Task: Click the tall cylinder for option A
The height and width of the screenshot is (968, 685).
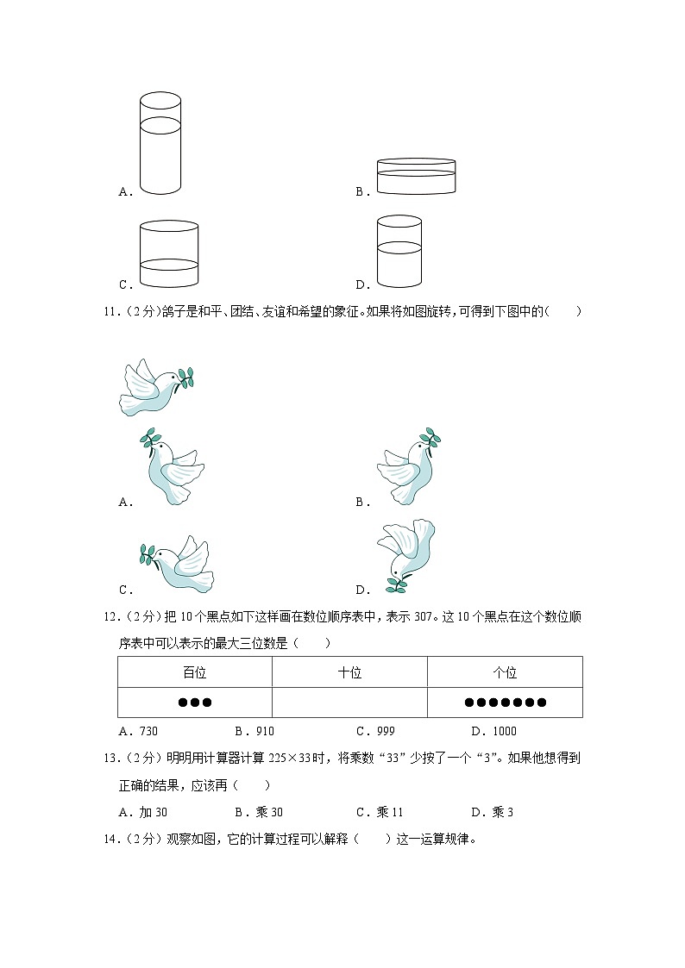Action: (x=160, y=143)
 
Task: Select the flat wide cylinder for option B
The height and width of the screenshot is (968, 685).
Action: (x=416, y=177)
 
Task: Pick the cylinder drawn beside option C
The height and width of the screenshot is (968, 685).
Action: (x=169, y=253)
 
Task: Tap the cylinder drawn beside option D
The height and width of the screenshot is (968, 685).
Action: (x=399, y=251)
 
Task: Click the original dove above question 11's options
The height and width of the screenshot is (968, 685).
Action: (x=155, y=387)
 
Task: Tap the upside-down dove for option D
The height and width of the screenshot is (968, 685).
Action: (x=405, y=555)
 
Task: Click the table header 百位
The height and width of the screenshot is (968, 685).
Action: (x=195, y=672)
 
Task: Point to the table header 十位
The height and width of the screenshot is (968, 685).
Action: (x=349, y=672)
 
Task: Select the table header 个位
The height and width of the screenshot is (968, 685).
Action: (x=505, y=672)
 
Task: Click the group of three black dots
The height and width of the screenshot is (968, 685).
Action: (x=195, y=703)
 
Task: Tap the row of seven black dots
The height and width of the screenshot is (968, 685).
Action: (x=505, y=703)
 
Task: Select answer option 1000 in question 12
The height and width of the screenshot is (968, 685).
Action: (x=493, y=731)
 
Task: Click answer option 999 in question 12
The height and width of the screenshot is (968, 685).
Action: (x=376, y=731)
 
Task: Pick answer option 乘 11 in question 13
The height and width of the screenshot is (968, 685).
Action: (x=380, y=812)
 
